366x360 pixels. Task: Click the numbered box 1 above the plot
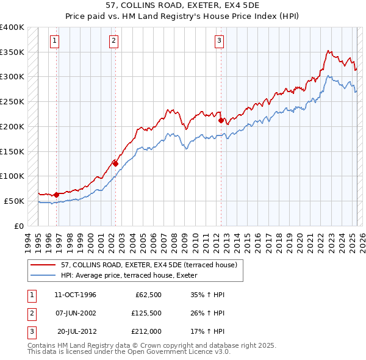[x=54, y=41]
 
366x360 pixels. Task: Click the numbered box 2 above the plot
[x=113, y=41]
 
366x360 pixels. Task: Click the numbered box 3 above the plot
[x=218, y=41]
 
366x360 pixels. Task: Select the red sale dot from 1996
[x=56, y=195]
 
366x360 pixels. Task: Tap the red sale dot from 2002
[x=115, y=164]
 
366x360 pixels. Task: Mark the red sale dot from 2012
[x=221, y=120]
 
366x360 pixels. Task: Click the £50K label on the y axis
[x=14, y=201]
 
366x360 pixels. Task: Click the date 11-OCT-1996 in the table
[x=75, y=295]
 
